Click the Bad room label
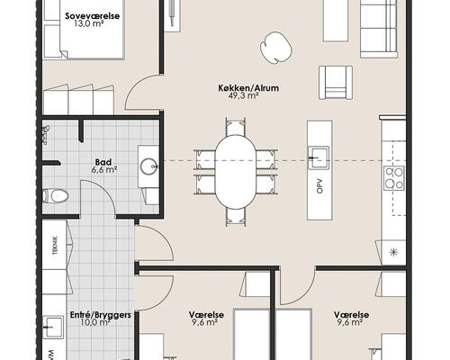pyautogui.click(x=103, y=162)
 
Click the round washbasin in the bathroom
pyautogui.click(x=148, y=165)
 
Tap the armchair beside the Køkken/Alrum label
pyautogui.click(x=337, y=83)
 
